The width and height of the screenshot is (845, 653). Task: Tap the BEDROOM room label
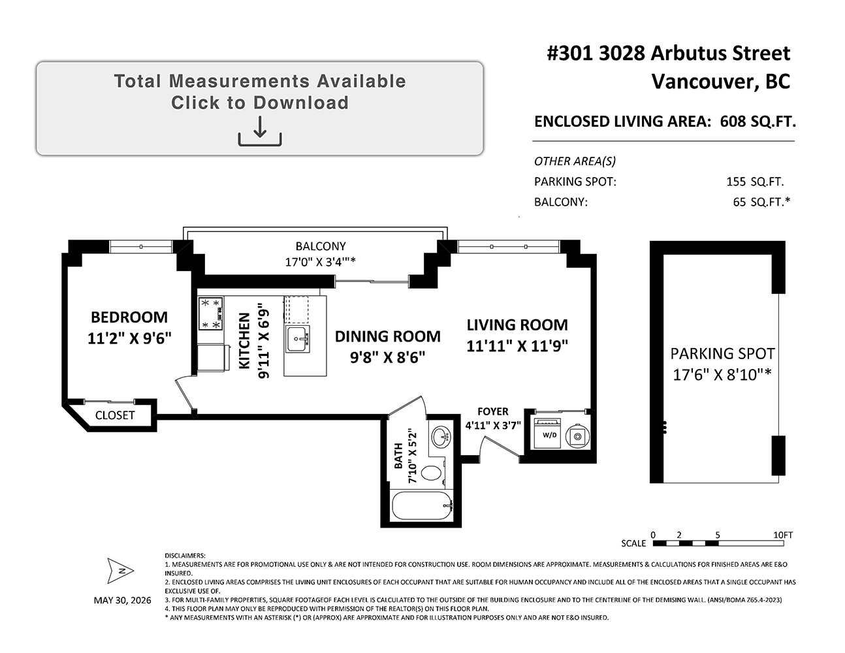coord(129,317)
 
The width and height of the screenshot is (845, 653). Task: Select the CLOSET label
coord(115,415)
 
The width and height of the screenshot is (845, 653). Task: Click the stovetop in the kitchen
coord(211,313)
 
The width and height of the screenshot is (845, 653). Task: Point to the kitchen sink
coord(298,339)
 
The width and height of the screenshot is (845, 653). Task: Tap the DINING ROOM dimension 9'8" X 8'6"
coord(387,357)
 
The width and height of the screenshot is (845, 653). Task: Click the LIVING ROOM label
coord(517,325)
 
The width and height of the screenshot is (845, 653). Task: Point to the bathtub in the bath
coord(421,505)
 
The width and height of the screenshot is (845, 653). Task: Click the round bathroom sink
coord(441,436)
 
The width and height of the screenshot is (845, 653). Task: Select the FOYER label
coord(492,411)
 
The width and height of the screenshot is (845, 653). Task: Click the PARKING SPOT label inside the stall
coord(722,353)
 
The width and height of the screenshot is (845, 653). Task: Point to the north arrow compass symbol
coord(121,571)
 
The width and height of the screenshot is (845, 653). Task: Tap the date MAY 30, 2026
coord(122,600)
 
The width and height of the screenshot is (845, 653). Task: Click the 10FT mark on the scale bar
coord(783,535)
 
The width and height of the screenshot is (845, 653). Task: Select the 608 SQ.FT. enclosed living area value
coord(758,121)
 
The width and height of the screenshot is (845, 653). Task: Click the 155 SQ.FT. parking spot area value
coord(755,182)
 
